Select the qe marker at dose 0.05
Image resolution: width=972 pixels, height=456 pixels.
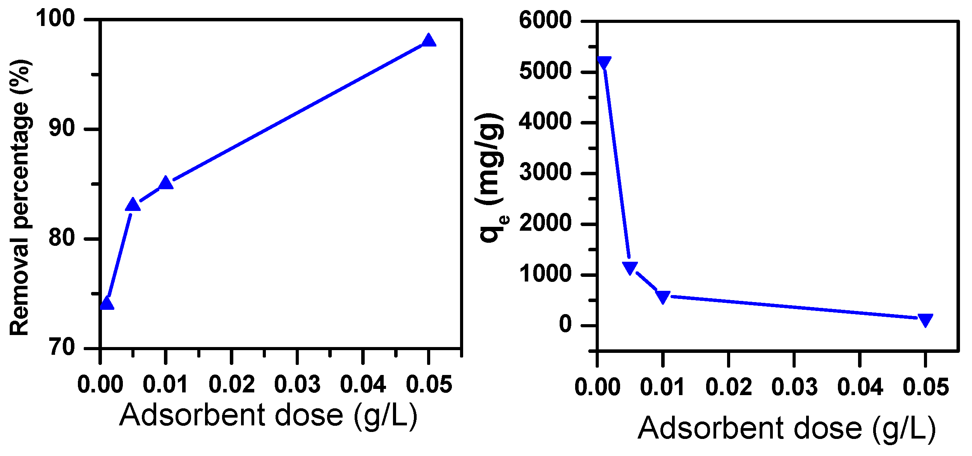[925, 320]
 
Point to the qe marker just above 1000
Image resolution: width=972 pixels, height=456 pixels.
[630, 268]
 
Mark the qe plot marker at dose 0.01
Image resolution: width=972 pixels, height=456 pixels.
[663, 297]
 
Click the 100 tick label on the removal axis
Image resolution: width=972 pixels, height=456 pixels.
[55, 18]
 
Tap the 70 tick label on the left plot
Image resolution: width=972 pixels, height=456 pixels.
[62, 347]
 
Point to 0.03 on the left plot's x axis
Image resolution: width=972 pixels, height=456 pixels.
[297, 385]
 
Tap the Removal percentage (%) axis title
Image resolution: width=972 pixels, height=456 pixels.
[20, 198]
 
